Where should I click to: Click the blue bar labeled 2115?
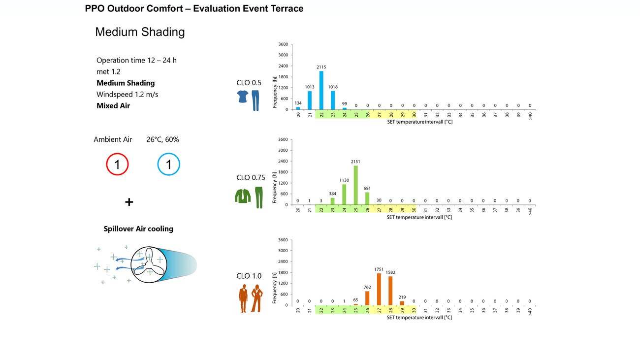pos(321,90)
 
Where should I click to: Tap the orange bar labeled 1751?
pos(379,289)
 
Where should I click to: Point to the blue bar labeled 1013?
pos(310,100)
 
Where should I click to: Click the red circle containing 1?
pos(117,164)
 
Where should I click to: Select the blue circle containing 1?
pos(169,164)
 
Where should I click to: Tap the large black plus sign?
pos(129,202)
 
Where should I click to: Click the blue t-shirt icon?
pos(243,97)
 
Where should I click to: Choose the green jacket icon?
pos(242,196)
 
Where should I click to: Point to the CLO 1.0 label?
pos(249,276)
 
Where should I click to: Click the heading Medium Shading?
pos(140,32)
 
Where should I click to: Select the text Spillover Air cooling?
pos(138,229)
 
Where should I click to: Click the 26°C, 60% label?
pos(162,139)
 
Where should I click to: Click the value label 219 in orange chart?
pos(402,296)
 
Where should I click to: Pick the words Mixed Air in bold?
pos(113,105)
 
